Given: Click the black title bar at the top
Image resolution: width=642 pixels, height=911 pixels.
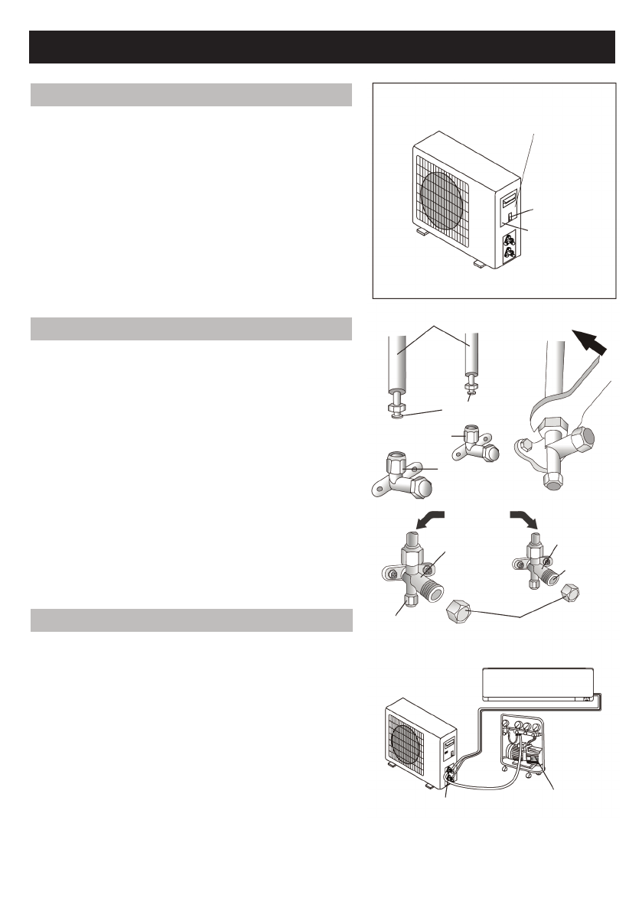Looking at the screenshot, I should pos(321,47).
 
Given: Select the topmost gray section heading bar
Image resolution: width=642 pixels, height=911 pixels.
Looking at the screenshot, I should pos(191,95).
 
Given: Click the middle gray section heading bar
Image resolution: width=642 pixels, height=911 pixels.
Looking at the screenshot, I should pos(191,328).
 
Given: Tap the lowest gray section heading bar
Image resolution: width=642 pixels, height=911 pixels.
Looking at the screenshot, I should pos(191,620).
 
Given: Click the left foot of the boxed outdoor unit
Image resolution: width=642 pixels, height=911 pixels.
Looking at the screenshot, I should pos(422,230).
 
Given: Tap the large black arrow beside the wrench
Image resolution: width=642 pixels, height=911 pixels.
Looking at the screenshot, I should pos(593,342).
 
